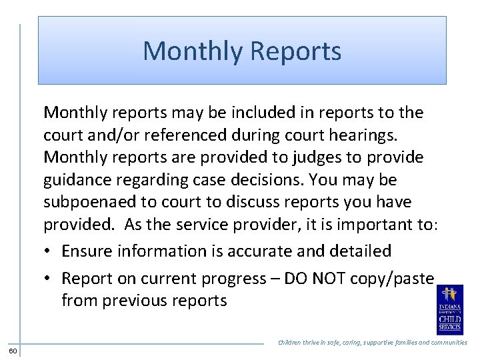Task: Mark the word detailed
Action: pos(361,251)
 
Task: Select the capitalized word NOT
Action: pos(334,278)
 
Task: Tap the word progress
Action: pos(234,278)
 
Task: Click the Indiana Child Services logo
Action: pos(449,311)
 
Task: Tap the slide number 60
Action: pos(13,351)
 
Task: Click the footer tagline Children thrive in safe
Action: pos(372,343)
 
